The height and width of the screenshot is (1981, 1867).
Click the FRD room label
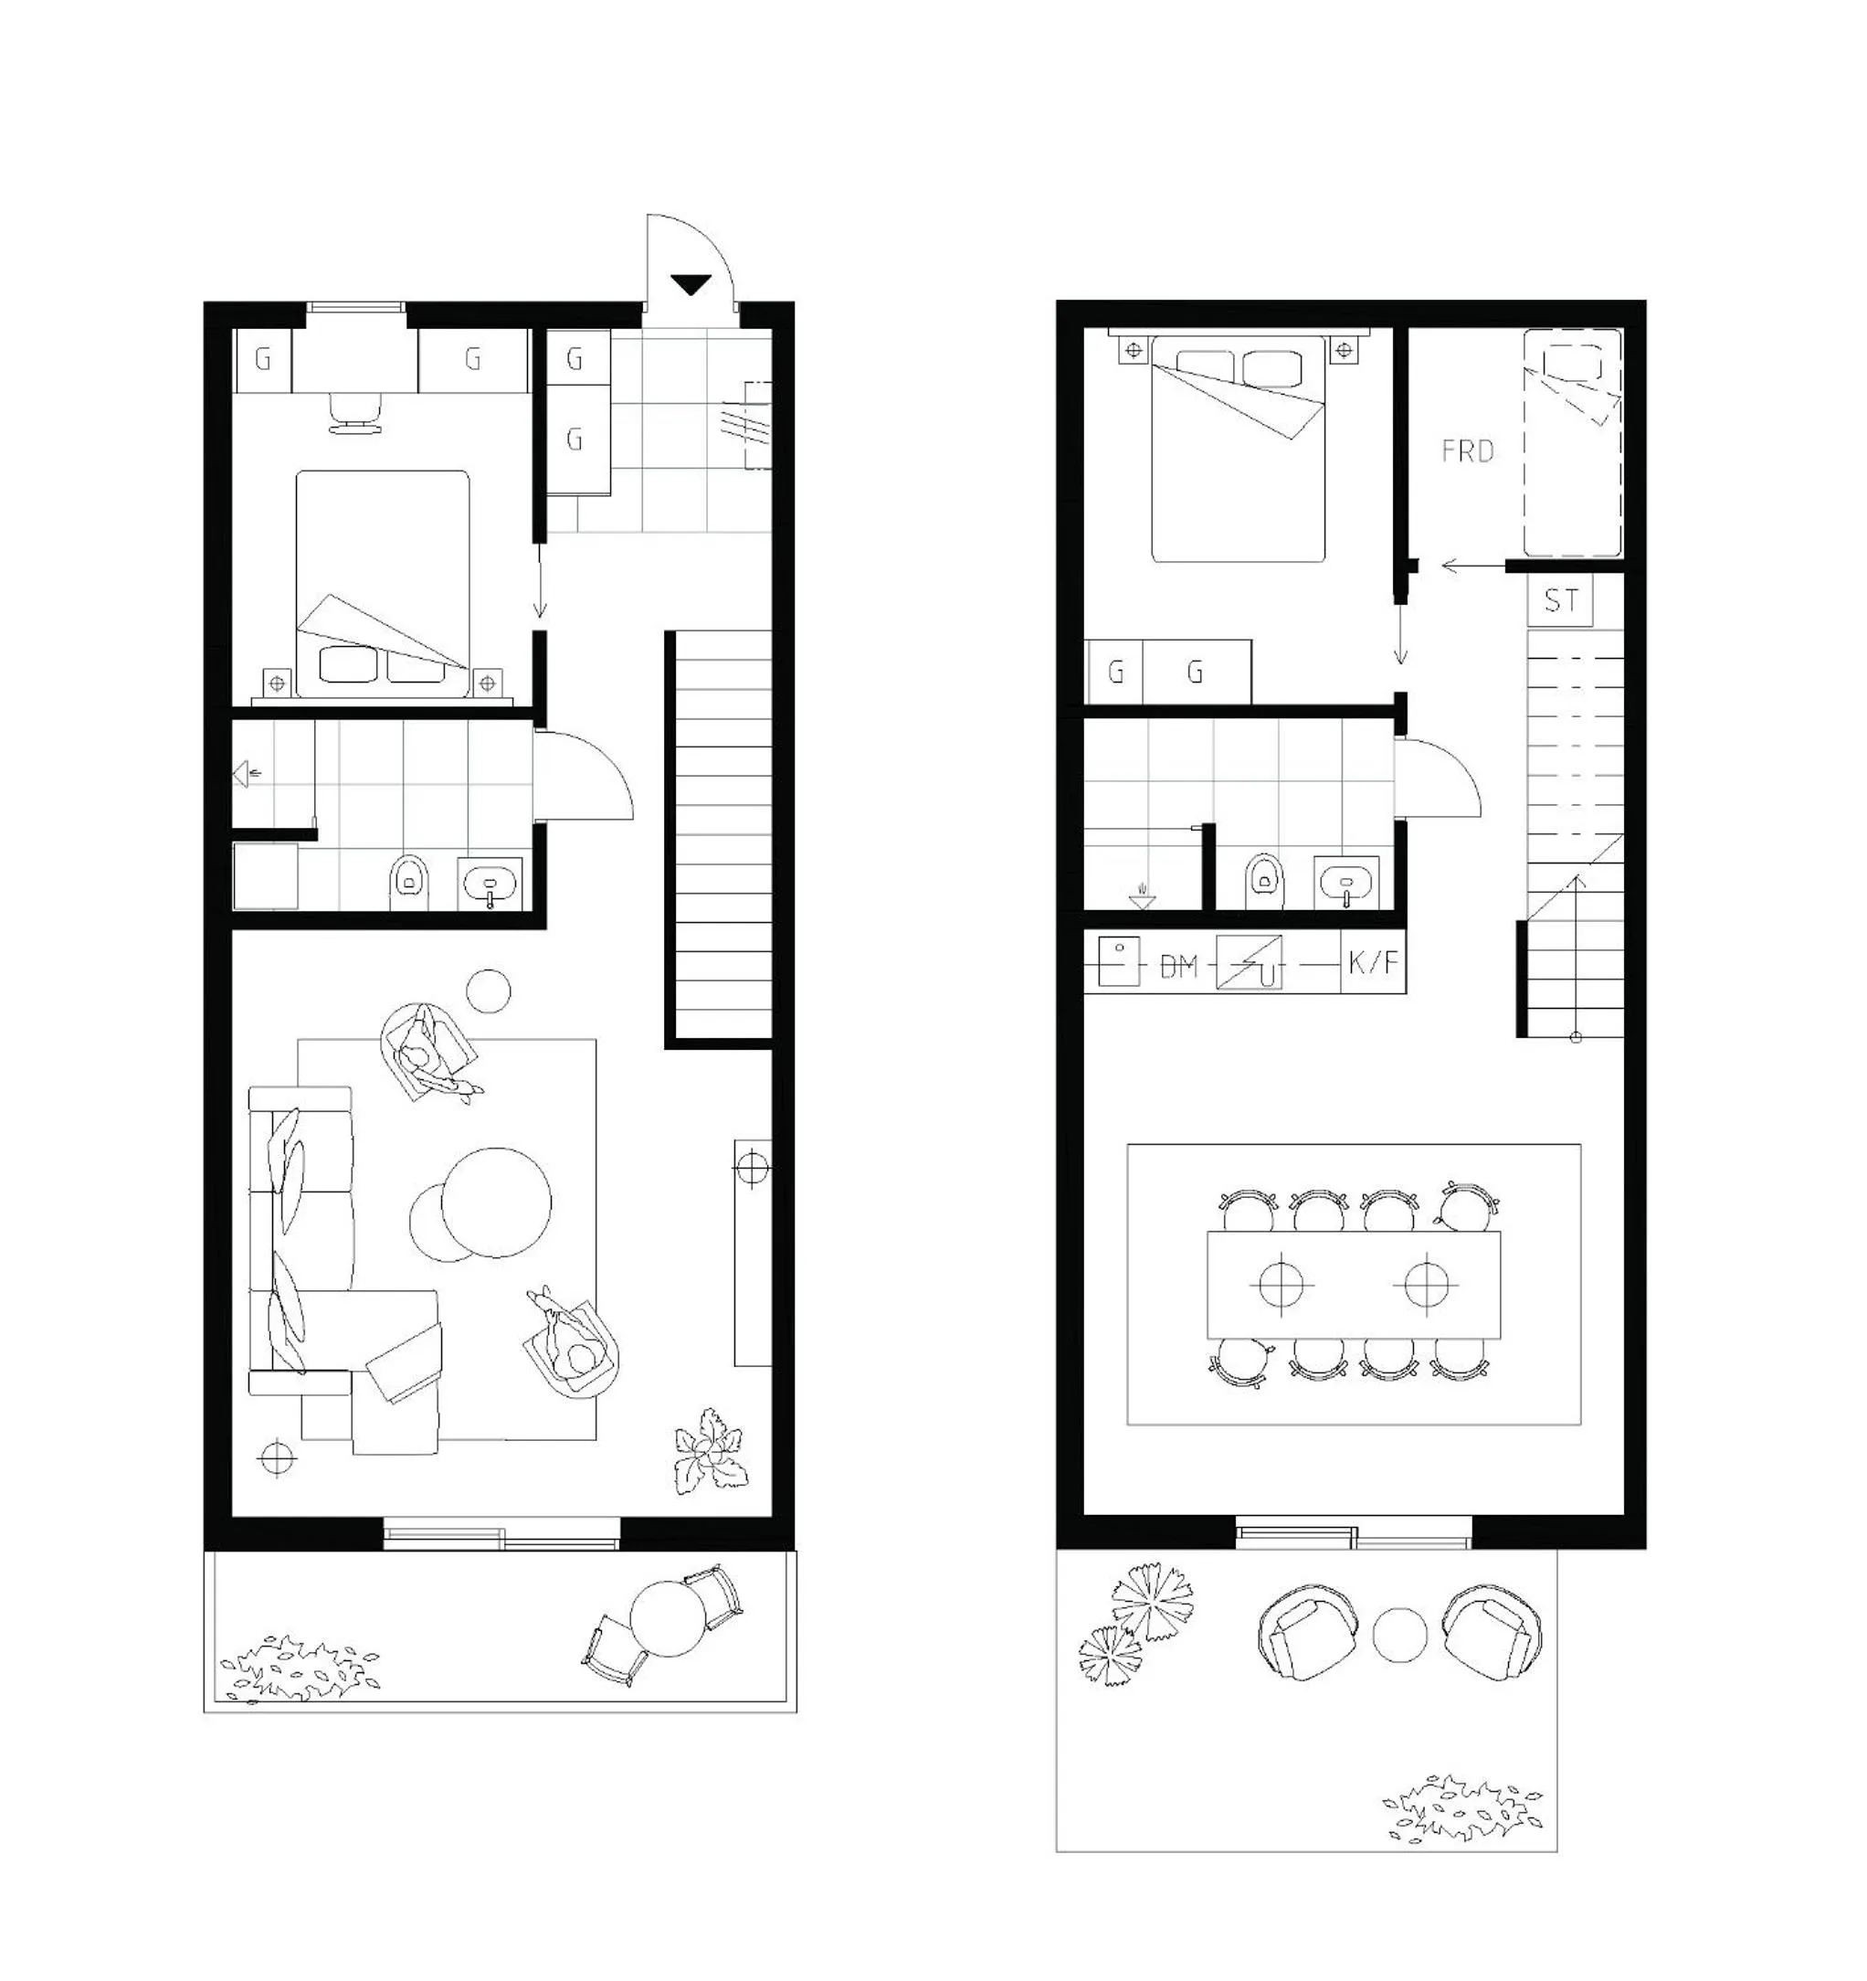[x=1468, y=451]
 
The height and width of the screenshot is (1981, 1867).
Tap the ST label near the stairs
[x=1561, y=600]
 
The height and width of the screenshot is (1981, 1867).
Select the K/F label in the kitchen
[x=1373, y=962]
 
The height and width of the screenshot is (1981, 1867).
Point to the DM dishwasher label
[x=1178, y=966]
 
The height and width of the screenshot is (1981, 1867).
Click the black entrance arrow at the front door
[x=691, y=285]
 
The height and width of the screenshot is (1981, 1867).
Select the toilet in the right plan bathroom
[x=1263, y=879]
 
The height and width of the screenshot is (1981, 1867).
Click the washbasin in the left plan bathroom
[x=490, y=883]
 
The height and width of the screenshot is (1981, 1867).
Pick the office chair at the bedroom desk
[x=354, y=412]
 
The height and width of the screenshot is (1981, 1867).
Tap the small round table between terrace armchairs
[x=1399, y=1636]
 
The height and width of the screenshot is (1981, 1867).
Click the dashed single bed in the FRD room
[x=1572, y=442]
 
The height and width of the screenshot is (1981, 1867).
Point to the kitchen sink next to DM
[x=1118, y=961]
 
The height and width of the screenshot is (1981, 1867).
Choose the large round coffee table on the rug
[x=496, y=1202]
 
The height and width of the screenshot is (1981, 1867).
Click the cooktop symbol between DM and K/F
[x=1250, y=962]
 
